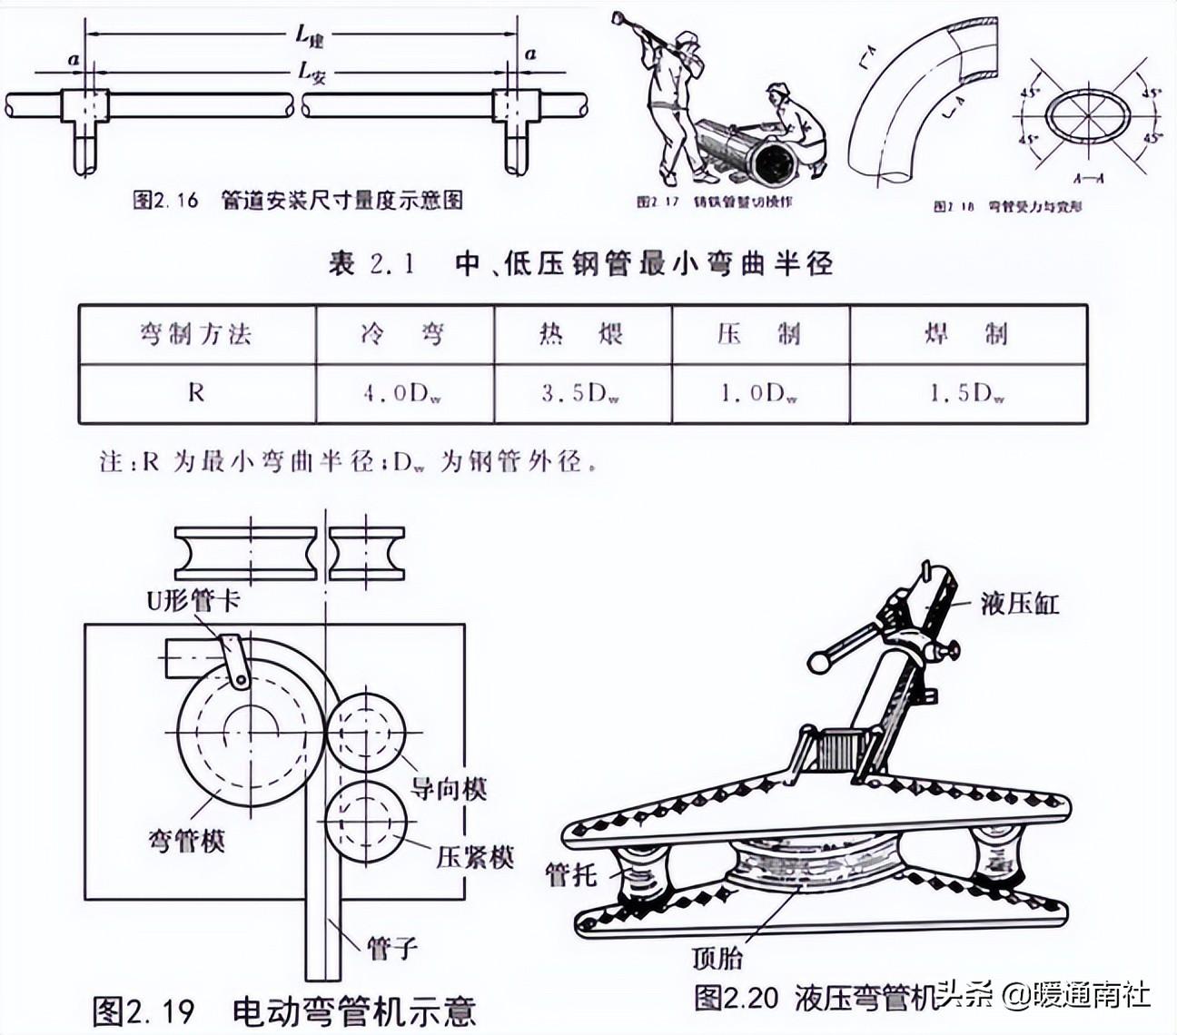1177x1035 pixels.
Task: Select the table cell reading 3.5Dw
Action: tap(582, 393)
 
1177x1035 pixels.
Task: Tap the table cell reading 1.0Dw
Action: tap(760, 393)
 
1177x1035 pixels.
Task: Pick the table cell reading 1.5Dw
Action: tap(968, 393)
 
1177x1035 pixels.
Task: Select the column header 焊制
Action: tap(968, 334)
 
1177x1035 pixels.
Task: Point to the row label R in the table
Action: tap(196, 393)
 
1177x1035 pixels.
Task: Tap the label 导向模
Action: tap(448, 788)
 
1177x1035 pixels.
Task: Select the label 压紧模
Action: tap(475, 856)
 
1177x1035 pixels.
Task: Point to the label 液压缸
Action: tap(1020, 603)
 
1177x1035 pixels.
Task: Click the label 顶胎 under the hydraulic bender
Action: tap(717, 957)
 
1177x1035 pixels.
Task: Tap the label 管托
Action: tap(570, 874)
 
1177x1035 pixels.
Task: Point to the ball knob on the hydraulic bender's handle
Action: tap(820, 662)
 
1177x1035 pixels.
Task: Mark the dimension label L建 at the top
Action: tap(310, 36)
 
